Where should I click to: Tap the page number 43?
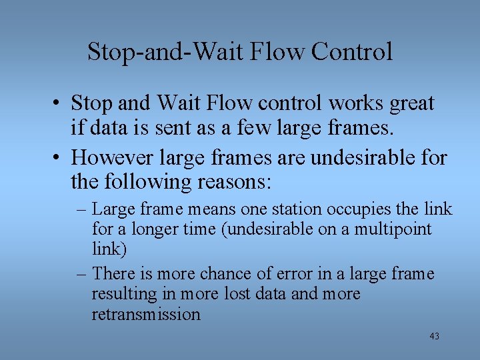click(x=434, y=337)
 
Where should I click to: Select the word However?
click(x=109, y=158)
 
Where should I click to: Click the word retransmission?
click(x=146, y=314)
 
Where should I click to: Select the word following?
click(x=147, y=181)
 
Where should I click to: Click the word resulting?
click(x=117, y=294)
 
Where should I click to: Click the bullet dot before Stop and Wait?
click(x=60, y=104)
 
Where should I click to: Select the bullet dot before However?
click(x=60, y=158)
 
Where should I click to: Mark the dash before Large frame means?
click(x=83, y=209)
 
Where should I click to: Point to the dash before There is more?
click(x=83, y=273)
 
